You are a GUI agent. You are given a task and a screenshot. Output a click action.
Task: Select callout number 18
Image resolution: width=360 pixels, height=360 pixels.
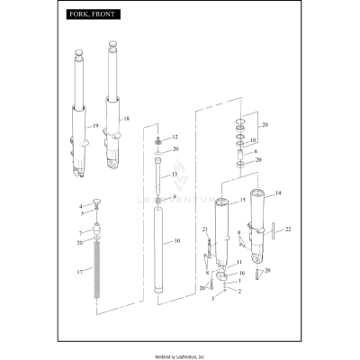tap(126, 119)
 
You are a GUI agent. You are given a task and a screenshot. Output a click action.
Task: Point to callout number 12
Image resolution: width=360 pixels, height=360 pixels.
tap(175, 136)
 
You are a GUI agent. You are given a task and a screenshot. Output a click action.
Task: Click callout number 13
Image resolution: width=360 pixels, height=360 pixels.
tap(175, 173)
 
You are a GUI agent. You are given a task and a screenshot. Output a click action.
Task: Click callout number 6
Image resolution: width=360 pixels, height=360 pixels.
tap(256, 152)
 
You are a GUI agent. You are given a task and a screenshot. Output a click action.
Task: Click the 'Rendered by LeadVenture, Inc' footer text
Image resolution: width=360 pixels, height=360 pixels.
tap(180, 354)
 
